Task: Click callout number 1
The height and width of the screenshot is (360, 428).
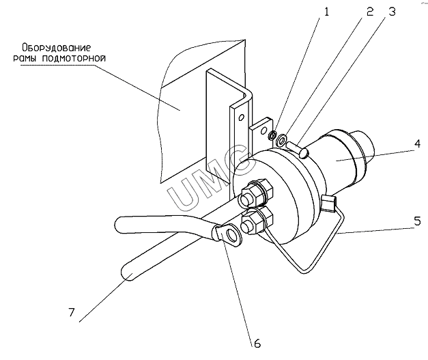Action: coord(326,12)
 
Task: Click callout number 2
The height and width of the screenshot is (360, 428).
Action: coord(370,12)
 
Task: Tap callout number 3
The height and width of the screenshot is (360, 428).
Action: coord(392,12)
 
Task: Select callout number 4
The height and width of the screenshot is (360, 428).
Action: coord(418,143)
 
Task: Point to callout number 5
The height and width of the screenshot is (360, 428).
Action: coord(418,221)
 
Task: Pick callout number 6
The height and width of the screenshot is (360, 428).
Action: coord(257,344)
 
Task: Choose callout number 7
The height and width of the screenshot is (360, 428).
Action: coord(71,312)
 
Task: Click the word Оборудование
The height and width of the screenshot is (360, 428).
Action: coord(56,48)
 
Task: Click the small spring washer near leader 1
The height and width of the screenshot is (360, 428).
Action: coord(272,135)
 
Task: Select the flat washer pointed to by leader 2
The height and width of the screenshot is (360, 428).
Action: coord(281,139)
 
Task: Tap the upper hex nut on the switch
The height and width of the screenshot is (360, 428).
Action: coord(256,193)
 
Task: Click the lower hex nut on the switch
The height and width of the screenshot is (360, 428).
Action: coord(257,220)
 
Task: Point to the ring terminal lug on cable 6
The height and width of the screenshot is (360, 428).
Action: coord(228,233)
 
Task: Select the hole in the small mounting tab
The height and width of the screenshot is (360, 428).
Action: coord(263,130)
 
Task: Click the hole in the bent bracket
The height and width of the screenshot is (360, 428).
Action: coord(241,117)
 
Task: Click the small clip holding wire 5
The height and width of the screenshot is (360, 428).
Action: coord(328,203)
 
